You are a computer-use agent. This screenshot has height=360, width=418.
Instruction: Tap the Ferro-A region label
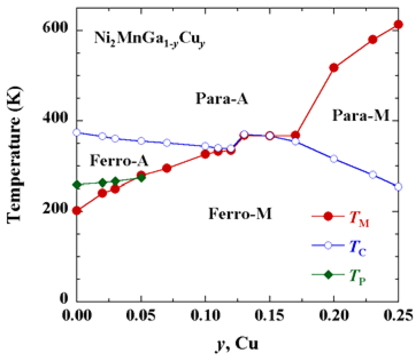tap(119, 161)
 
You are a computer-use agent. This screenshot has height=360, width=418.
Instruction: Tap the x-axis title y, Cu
tap(236, 344)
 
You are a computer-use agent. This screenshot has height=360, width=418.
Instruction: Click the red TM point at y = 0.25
tap(398, 24)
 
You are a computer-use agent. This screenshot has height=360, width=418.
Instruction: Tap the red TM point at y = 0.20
tap(334, 68)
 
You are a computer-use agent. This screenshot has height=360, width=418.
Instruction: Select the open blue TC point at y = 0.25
tap(398, 187)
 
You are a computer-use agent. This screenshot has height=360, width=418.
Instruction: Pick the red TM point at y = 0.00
tap(77, 211)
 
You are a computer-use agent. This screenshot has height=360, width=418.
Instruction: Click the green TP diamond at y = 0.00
tap(77, 185)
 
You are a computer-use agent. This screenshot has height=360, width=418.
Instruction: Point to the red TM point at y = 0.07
tap(167, 168)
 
